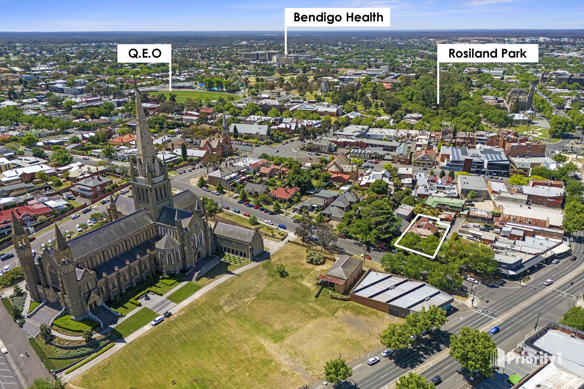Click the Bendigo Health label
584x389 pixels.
(338, 17)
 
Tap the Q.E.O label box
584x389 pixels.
(144, 53)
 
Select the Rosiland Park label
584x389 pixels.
(487, 53)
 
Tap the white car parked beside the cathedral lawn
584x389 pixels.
(157, 320)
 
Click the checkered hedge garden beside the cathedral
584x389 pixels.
(232, 258)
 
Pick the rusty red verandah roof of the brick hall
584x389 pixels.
(331, 279)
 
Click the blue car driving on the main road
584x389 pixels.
(495, 330)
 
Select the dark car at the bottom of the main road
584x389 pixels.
(435, 379)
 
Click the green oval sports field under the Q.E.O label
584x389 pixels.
(195, 96)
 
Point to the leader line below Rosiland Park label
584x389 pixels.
(438, 83)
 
